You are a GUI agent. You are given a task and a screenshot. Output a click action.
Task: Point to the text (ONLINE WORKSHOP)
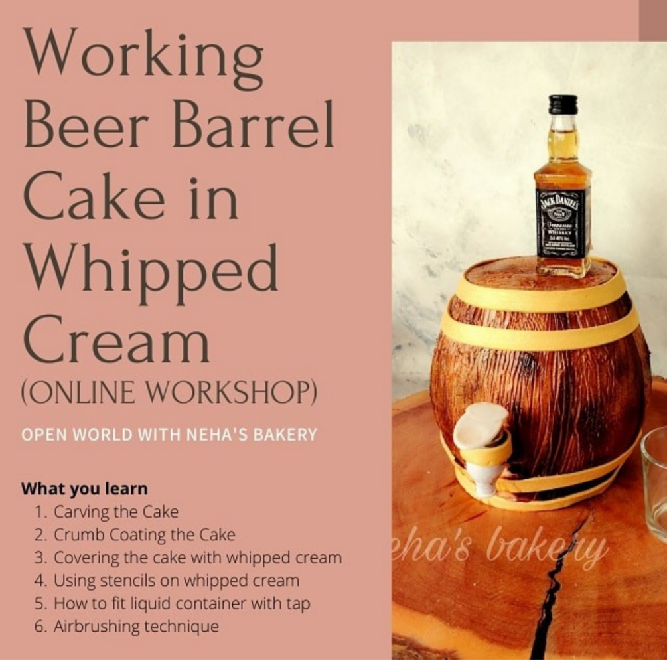coord(169,394)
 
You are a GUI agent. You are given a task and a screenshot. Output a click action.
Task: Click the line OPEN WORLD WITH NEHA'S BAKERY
coord(169,435)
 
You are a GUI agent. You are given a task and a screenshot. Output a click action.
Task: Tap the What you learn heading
coord(84,489)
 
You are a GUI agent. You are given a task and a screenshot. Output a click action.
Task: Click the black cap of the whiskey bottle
coord(563,105)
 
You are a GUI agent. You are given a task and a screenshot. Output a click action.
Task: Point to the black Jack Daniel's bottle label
coord(563,222)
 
